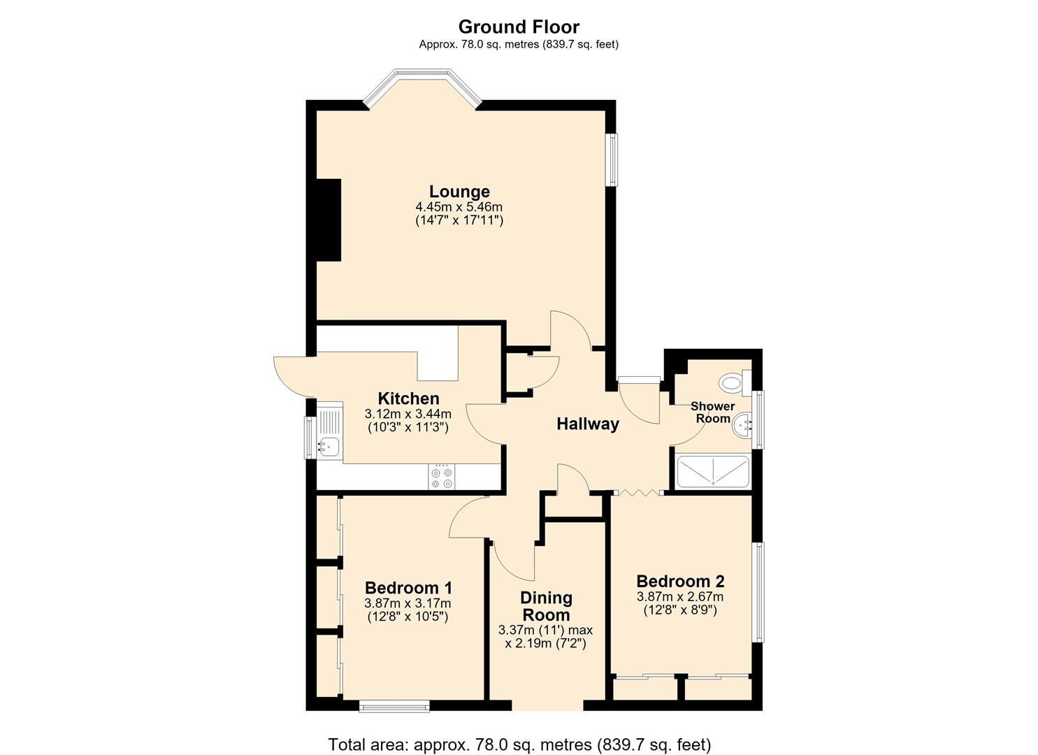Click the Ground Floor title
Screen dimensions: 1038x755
(519, 27)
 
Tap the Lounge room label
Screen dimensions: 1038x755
(459, 192)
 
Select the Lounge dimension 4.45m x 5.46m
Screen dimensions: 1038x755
(459, 207)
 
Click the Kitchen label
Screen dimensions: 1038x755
(408, 398)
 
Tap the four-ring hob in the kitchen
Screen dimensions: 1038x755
(442, 477)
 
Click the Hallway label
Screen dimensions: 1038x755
(588, 424)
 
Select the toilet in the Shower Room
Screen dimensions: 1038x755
(735, 383)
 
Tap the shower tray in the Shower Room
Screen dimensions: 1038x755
(713, 472)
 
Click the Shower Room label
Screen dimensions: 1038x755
(713, 412)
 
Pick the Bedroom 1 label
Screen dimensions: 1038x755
(408, 588)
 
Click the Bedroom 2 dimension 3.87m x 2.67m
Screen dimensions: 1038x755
(680, 596)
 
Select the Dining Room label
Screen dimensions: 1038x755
(547, 606)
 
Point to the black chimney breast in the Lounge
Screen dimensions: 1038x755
(329, 220)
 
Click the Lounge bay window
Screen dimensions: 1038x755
(423, 88)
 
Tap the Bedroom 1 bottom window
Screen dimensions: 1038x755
(394, 705)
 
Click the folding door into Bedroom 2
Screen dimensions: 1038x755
(638, 492)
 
